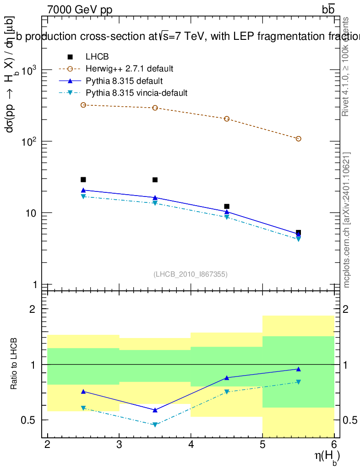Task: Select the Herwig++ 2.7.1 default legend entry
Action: point(130,69)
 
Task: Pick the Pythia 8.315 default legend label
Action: point(124,81)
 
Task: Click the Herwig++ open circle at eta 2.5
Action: point(83,105)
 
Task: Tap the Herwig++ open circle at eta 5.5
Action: point(299,139)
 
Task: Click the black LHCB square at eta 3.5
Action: point(155,180)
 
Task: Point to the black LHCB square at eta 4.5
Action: point(227,207)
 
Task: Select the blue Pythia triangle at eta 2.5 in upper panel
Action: point(83,190)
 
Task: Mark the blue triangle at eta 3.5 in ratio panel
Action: point(155,410)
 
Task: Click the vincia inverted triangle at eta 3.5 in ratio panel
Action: point(155,425)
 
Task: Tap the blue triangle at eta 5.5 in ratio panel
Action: point(299,369)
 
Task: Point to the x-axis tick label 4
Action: point(191,445)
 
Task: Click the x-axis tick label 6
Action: point(334,445)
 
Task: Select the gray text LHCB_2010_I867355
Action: point(191,274)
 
